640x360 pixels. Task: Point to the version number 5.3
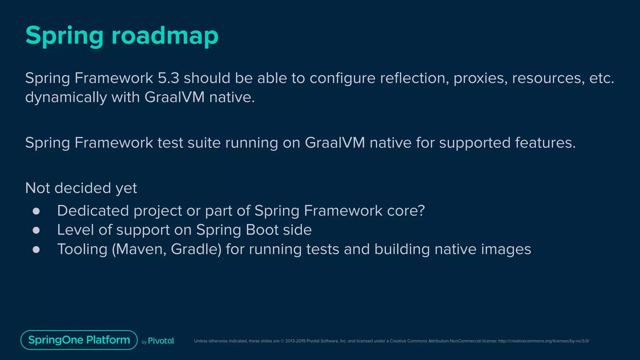(x=168, y=78)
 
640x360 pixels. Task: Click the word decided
(x=82, y=188)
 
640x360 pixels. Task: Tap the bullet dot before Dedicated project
(x=36, y=211)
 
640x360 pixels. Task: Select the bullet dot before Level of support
(x=36, y=230)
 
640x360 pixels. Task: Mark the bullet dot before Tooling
(x=36, y=249)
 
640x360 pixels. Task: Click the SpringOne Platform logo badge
(x=79, y=340)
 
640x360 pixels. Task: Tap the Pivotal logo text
(x=161, y=341)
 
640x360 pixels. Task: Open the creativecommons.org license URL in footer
(x=544, y=341)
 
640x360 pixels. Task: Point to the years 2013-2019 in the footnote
(x=295, y=341)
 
